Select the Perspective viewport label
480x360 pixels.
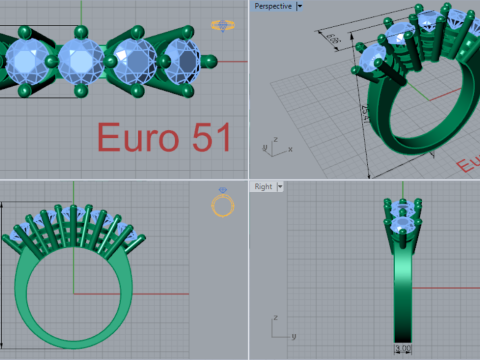click(273, 6)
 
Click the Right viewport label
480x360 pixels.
click(264, 186)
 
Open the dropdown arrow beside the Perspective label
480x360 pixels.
click(301, 6)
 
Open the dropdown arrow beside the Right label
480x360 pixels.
click(282, 186)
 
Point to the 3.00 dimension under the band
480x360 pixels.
click(405, 349)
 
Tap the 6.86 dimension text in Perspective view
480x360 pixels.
click(334, 41)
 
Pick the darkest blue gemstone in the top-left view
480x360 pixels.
click(181, 61)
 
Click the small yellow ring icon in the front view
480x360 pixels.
click(223, 205)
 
